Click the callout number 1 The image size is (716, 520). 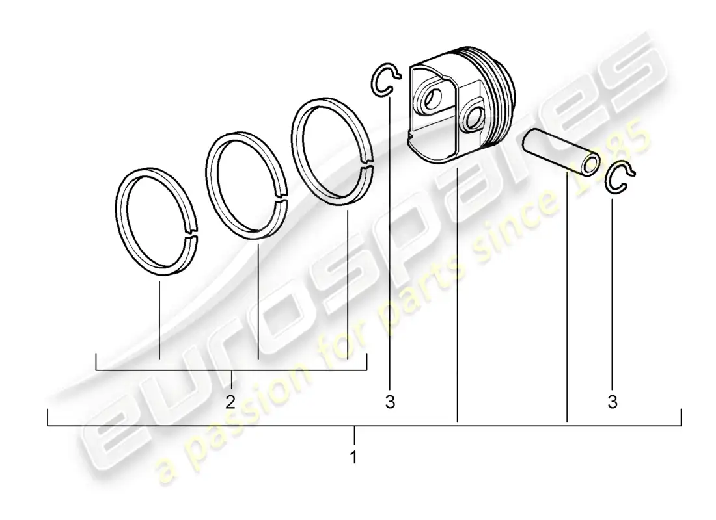[353, 457]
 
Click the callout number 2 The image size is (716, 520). [230, 402]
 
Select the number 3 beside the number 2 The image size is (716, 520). [389, 402]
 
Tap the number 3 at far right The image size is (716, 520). [613, 402]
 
